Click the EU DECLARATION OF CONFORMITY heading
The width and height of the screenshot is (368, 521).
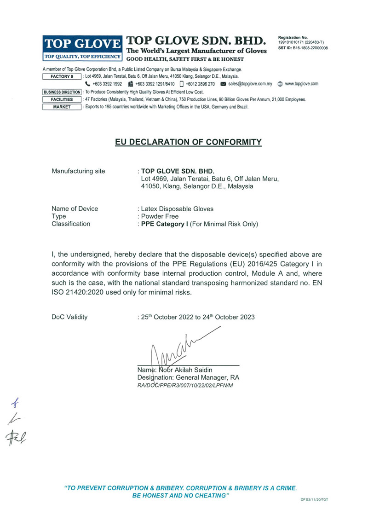click(x=189, y=142)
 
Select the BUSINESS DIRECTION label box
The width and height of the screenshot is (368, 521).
click(x=62, y=92)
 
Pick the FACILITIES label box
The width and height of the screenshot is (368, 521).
click(x=62, y=99)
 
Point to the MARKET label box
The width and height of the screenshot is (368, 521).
click(x=62, y=107)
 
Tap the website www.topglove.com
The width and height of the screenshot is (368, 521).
click(x=302, y=84)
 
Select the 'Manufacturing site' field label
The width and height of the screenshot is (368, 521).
click(x=78, y=171)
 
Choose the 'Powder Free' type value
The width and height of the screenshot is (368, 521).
click(x=160, y=216)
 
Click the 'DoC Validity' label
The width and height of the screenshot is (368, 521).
click(x=69, y=317)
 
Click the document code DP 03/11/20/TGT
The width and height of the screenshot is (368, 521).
click(x=315, y=499)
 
